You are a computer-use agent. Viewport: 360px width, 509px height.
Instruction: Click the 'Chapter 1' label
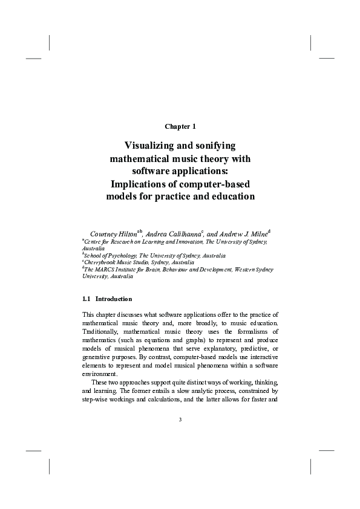point(180,126)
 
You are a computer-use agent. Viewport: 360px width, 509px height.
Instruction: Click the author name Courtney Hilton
point(113,233)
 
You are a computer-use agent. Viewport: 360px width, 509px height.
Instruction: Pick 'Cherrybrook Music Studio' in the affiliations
point(119,262)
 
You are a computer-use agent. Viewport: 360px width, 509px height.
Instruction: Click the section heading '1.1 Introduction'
point(107,299)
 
